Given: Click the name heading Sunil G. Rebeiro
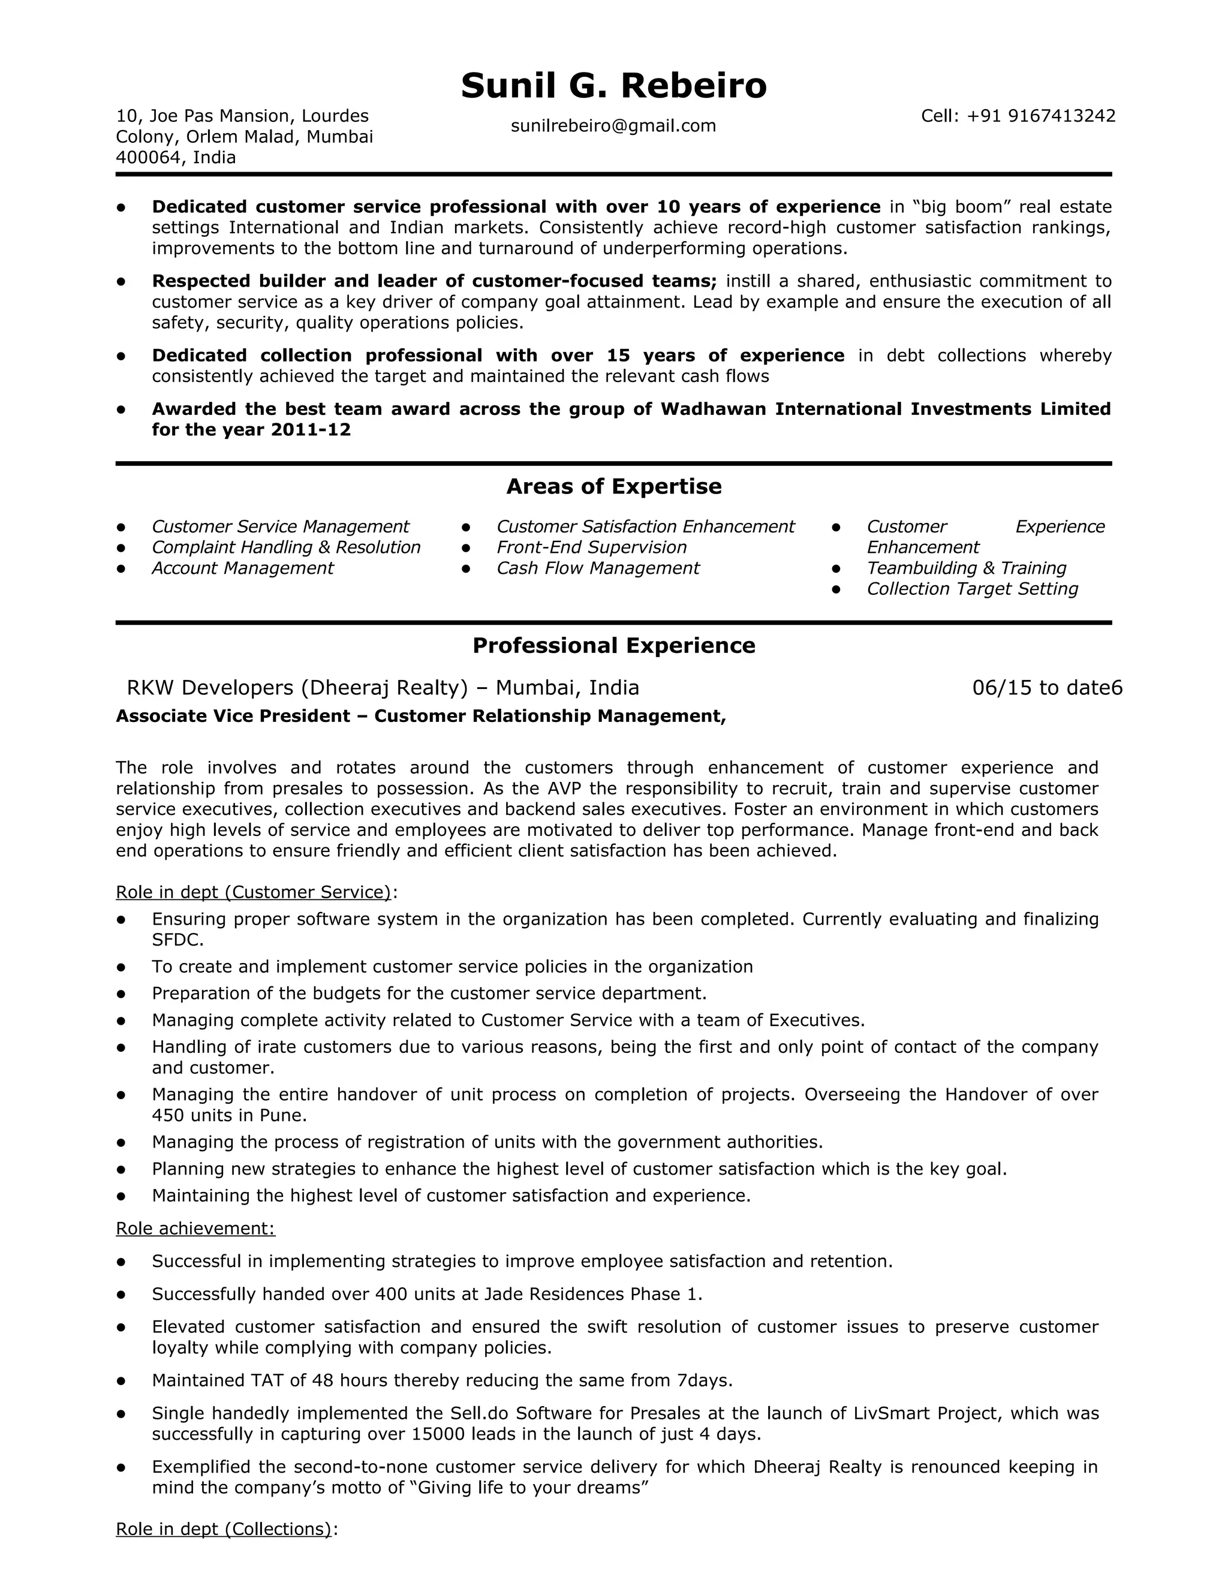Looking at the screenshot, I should pyautogui.click(x=613, y=86).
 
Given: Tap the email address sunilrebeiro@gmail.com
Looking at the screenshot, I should pyautogui.click(x=613, y=126).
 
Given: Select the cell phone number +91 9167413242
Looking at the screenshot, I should pyautogui.click(x=1040, y=116).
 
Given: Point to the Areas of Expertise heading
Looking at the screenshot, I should pyautogui.click(x=613, y=487).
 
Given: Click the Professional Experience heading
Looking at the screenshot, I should pyautogui.click(x=613, y=646).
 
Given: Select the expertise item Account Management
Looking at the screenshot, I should pyautogui.click(x=242, y=568).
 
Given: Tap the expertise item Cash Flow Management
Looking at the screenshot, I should pyautogui.click(x=597, y=568).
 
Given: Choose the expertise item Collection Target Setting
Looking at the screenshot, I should pyautogui.click(x=972, y=589).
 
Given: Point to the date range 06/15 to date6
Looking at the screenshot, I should pyautogui.click(x=1047, y=688).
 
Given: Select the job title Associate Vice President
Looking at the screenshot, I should pyautogui.click(x=233, y=717).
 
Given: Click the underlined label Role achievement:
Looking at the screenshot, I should pyautogui.click(x=195, y=1229).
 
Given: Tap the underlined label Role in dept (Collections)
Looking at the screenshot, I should pyautogui.click(x=223, y=1530).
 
